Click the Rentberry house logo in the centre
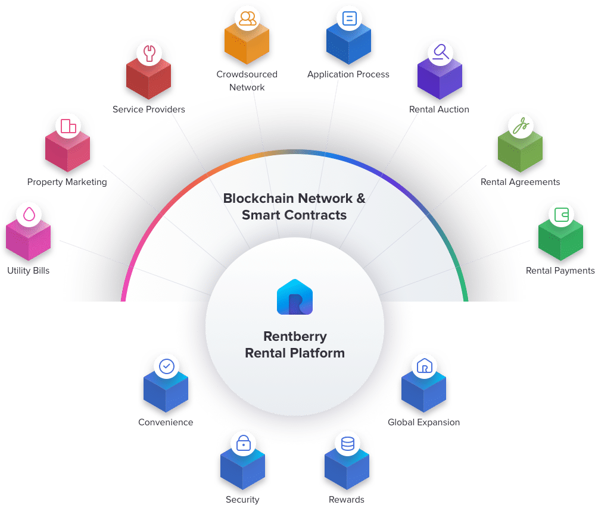pos(295,296)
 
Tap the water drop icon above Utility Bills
pos(29,214)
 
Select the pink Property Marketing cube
pos(67,152)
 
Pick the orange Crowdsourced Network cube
pos(247,45)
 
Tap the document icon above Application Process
pos(348,18)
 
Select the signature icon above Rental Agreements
pos(521,126)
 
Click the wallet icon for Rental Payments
pos(561,214)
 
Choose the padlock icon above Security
pos(243,443)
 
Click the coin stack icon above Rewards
pos(347,443)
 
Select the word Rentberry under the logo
pos(295,336)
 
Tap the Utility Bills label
pos(29,271)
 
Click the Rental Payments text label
pos(559,271)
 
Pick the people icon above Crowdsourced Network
pos(247,18)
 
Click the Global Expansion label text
pos(423,422)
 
